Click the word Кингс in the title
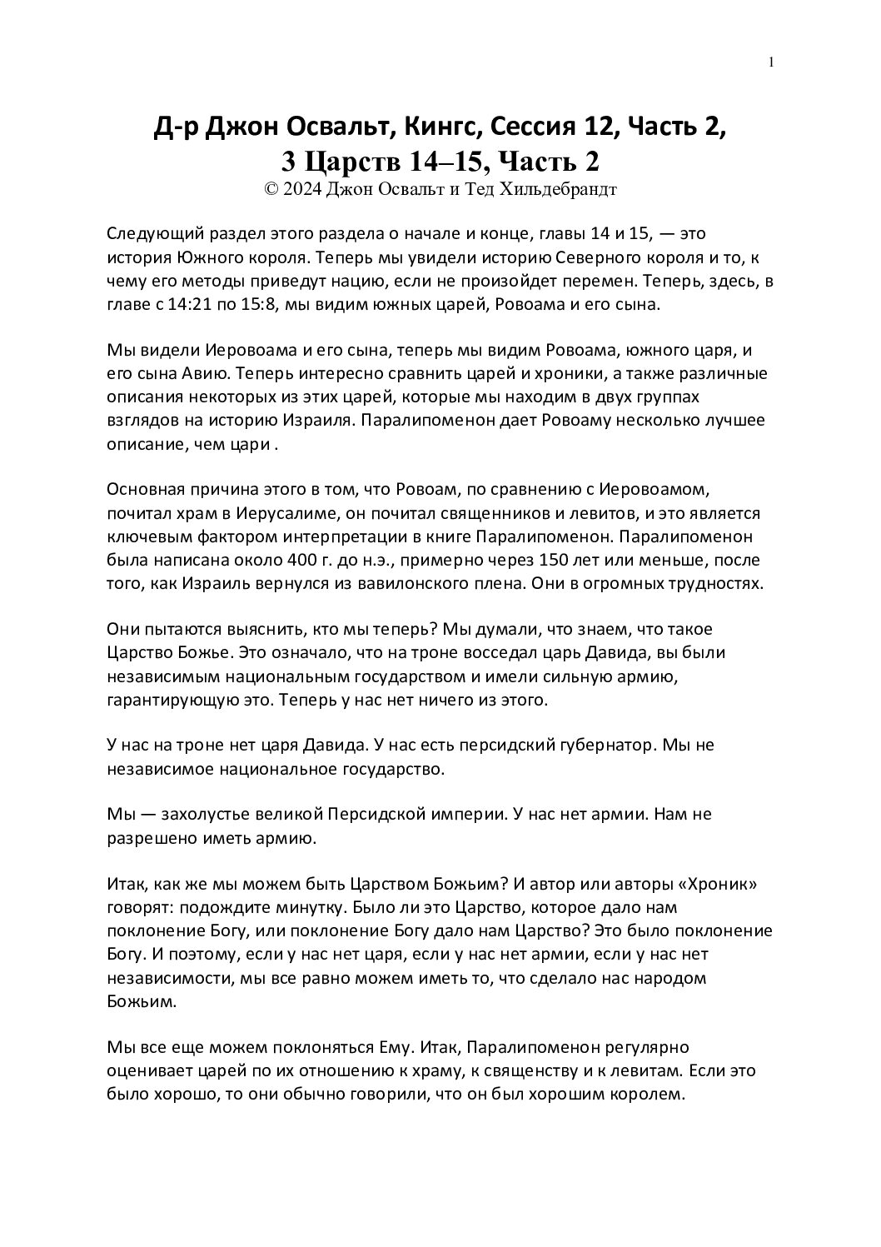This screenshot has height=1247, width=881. click(x=440, y=127)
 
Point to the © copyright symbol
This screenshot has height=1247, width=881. click(x=270, y=189)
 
